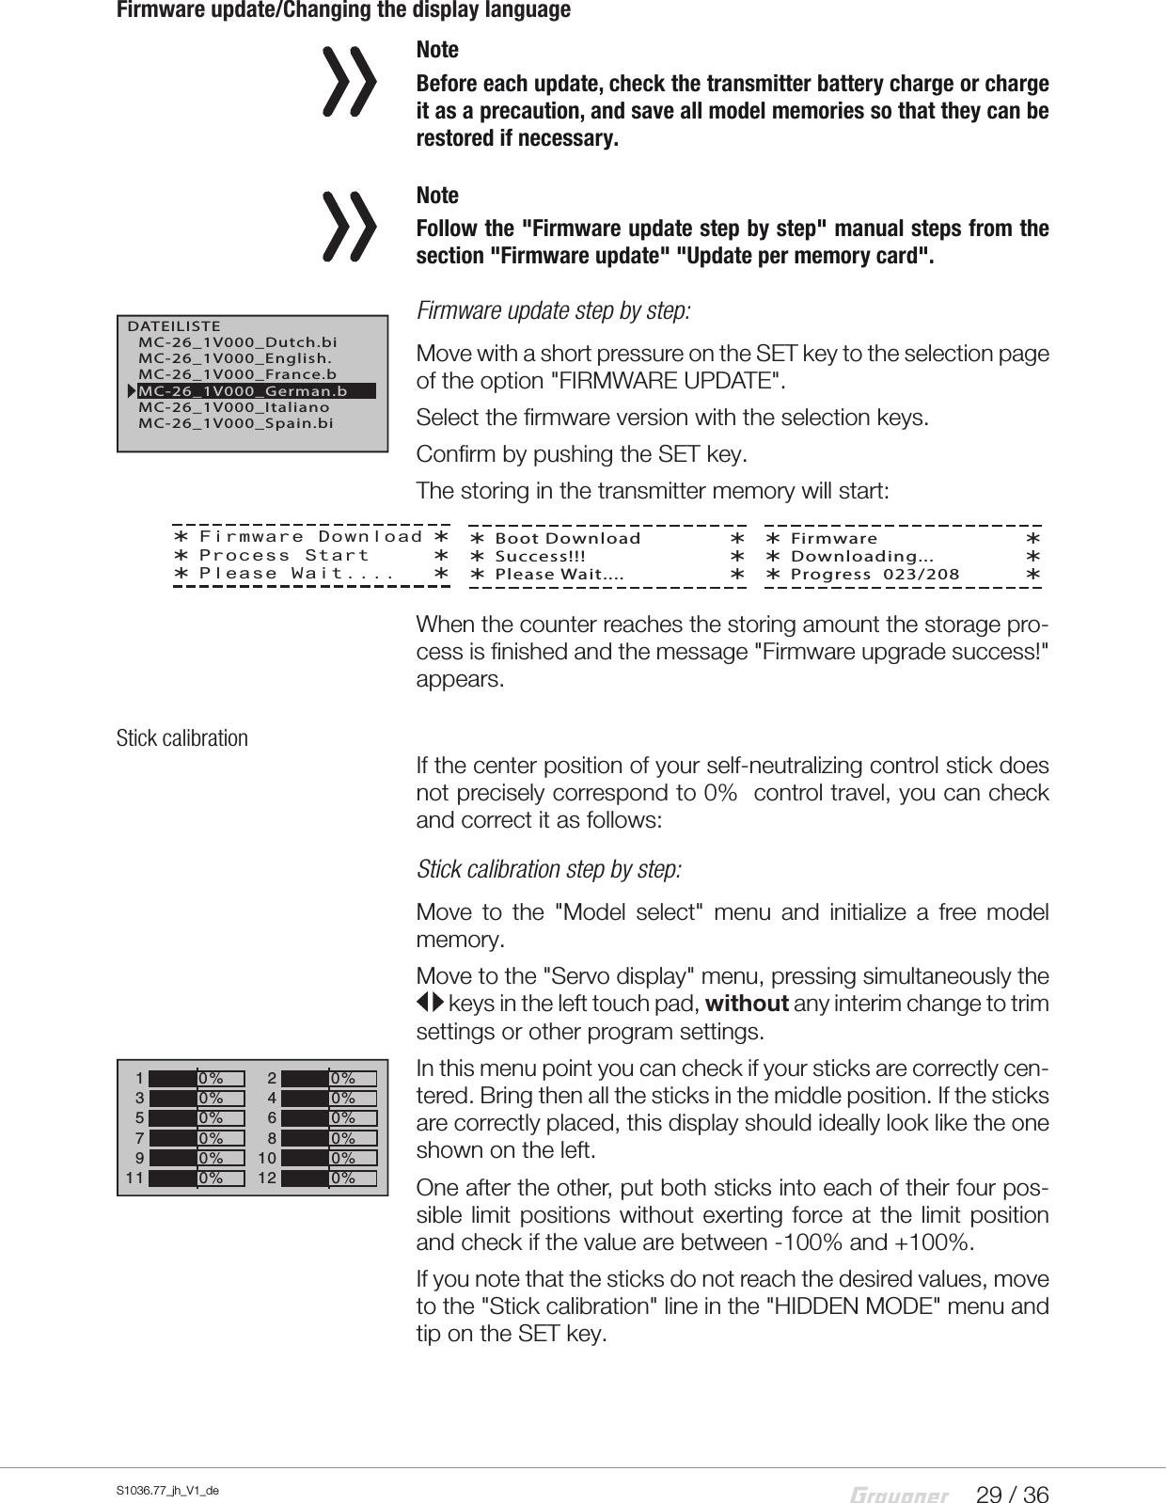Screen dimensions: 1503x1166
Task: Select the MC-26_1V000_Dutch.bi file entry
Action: [237, 342]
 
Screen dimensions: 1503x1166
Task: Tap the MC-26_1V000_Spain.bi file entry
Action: [235, 424]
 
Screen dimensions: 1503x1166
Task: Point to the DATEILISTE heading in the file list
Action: [174, 326]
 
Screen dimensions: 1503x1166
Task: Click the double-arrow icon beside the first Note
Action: [349, 83]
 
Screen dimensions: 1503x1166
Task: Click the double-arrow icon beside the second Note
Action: [349, 227]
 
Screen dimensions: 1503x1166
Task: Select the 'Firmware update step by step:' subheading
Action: [554, 310]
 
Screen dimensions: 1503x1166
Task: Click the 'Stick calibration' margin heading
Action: [182, 738]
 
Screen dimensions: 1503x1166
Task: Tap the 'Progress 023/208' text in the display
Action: [874, 574]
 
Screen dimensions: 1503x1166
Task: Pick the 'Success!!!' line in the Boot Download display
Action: [541, 556]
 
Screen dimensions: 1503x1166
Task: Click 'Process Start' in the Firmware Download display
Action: [284, 555]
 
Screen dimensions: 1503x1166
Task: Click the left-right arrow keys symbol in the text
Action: [430, 1005]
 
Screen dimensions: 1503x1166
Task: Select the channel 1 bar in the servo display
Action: [197, 1078]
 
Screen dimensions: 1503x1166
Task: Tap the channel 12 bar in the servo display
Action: [329, 1178]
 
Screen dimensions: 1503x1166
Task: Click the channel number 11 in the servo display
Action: [134, 1178]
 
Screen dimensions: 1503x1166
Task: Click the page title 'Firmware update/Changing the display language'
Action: [343, 11]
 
